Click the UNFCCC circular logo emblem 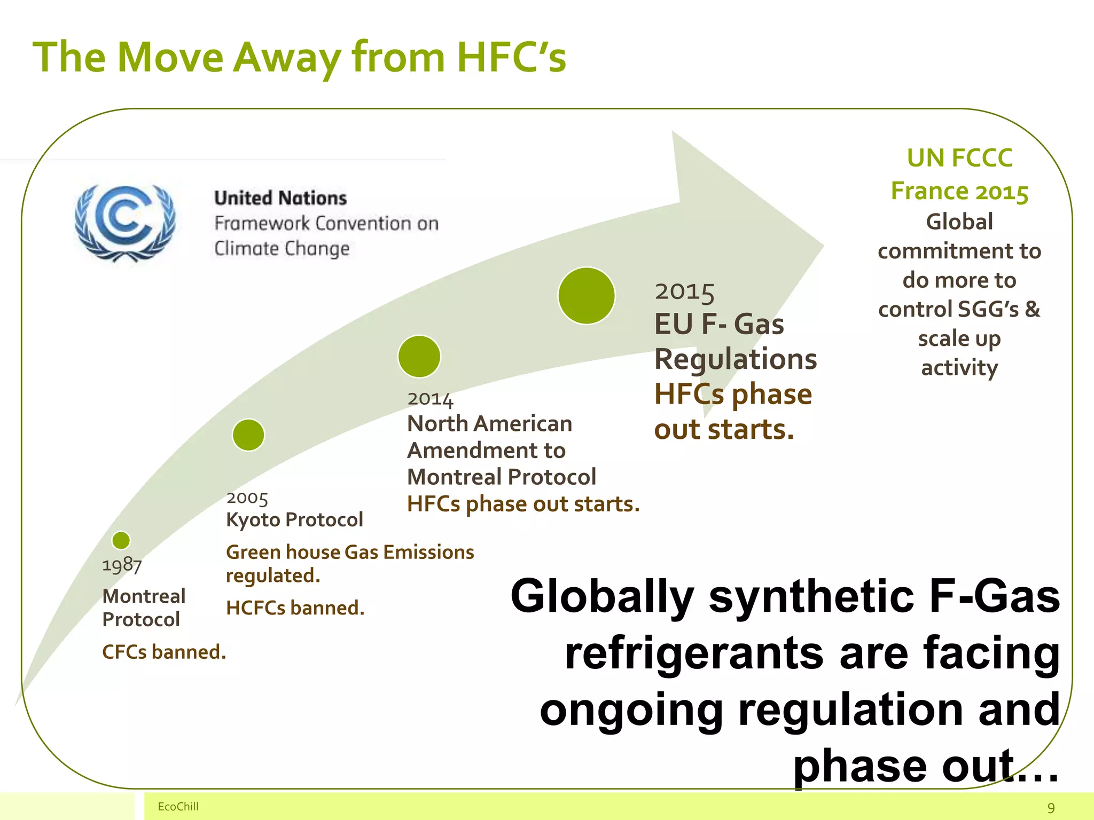pos(125,222)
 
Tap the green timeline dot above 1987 pos(121,540)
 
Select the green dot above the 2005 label pos(248,435)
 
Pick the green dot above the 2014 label pos(419,356)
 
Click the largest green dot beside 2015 pos(587,296)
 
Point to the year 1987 pos(122,565)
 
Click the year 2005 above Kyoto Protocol pos(247,498)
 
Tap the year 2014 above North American pos(430,399)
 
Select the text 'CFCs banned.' pos(164,652)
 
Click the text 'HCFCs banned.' pos(295,608)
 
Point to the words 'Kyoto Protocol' pos(294,519)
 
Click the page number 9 pos(1051,808)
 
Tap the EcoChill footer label pos(178,807)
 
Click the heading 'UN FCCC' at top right pos(959,158)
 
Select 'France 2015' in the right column pos(959,191)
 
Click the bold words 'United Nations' pos(280,198)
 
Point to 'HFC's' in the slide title pos(511,57)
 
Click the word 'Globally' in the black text pos(602,596)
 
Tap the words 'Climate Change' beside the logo pos(282,249)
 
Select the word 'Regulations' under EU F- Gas pos(736,359)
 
